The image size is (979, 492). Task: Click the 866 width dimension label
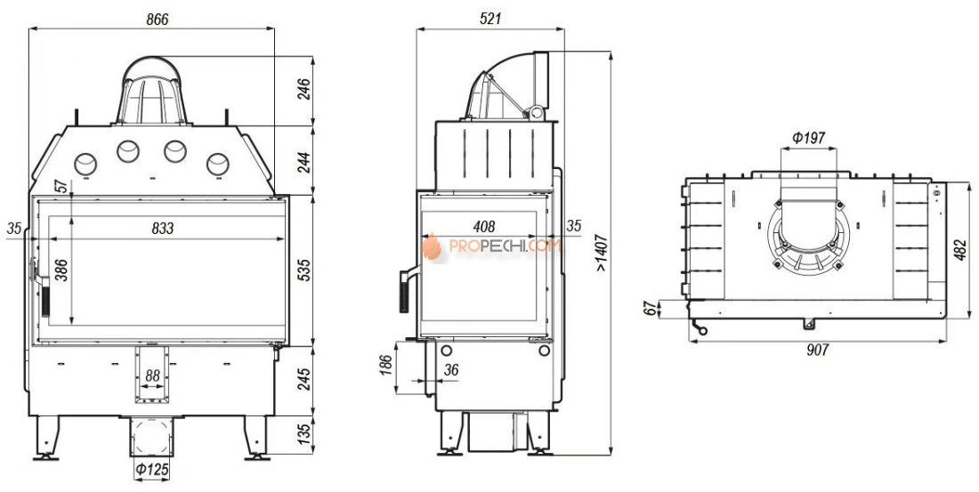coord(158,19)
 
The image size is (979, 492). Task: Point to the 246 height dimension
coord(303,91)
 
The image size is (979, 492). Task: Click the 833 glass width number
coord(162,229)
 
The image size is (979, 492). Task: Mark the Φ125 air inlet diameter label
coord(152,469)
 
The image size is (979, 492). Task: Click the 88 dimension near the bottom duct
coord(152,375)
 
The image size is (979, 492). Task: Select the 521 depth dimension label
coord(490,19)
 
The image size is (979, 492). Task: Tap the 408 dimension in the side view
coord(484,226)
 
